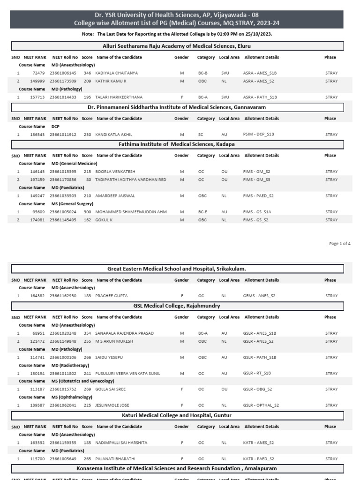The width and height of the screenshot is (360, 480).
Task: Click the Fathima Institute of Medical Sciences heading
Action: (177, 144)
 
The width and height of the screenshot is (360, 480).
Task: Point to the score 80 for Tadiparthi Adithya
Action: (88, 180)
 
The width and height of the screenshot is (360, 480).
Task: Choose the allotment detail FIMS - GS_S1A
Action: (257, 212)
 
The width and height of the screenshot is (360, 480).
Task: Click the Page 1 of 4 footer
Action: (340, 243)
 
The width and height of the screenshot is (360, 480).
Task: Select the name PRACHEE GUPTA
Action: (111, 296)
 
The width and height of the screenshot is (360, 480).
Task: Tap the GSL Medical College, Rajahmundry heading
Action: (177, 306)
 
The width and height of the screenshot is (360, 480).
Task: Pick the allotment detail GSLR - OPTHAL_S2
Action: (260, 405)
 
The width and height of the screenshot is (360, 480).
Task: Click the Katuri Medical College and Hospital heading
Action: (177, 415)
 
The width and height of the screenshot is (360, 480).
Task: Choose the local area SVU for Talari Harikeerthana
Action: (225, 97)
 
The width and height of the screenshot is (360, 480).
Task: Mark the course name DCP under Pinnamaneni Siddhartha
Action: (55, 127)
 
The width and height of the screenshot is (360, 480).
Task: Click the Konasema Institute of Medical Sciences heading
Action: (177, 468)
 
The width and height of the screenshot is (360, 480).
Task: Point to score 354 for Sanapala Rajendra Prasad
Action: (87, 333)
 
